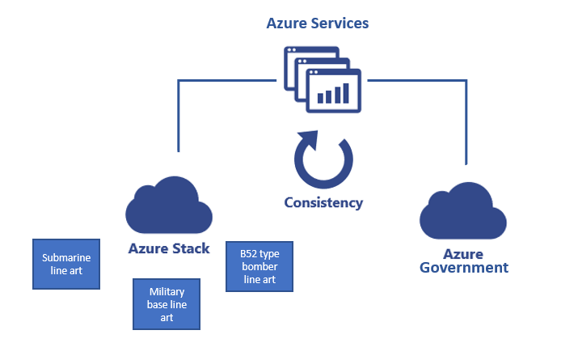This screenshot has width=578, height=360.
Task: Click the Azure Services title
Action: [318, 23]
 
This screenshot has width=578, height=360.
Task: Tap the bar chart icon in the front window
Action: [334, 93]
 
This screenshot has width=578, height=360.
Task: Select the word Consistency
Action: [323, 202]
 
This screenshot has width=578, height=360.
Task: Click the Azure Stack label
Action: [169, 248]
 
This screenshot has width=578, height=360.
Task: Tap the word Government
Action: [464, 267]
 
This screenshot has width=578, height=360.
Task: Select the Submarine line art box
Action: [66, 264]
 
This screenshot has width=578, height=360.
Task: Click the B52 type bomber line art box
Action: [259, 266]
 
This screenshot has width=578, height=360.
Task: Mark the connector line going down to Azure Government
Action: [466, 121]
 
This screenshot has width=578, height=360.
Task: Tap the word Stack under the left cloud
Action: [193, 248]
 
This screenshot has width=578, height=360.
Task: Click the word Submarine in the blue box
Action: [66, 258]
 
